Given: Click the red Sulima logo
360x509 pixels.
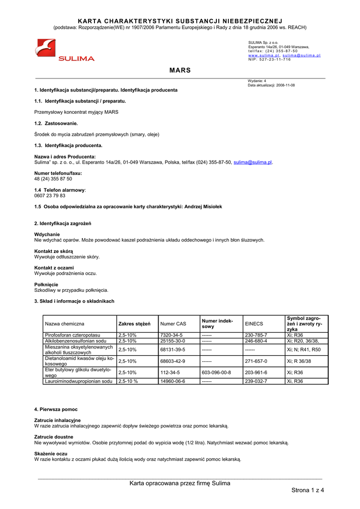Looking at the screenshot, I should click(x=64, y=51).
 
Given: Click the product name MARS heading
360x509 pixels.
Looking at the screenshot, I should click(x=180, y=71).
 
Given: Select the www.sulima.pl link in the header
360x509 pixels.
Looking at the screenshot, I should click(x=264, y=55).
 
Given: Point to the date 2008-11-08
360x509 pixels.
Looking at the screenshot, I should click(x=285, y=85).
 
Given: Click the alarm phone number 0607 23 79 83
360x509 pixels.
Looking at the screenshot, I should click(x=50, y=195).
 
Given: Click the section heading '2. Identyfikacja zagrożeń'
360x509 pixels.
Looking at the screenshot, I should click(x=63, y=223).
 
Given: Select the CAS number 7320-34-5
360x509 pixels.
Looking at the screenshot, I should click(x=172, y=335).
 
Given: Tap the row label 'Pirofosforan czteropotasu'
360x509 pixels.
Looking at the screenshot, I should click(x=73, y=335).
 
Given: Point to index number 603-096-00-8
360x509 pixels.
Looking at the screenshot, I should click(x=216, y=372).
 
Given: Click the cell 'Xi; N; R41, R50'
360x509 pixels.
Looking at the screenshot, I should click(x=304, y=349).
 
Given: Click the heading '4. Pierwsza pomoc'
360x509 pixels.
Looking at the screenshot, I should click(x=56, y=409).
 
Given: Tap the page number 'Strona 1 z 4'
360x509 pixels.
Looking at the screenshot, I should click(x=307, y=491).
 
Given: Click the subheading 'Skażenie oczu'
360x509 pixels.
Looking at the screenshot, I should click(x=51, y=454).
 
